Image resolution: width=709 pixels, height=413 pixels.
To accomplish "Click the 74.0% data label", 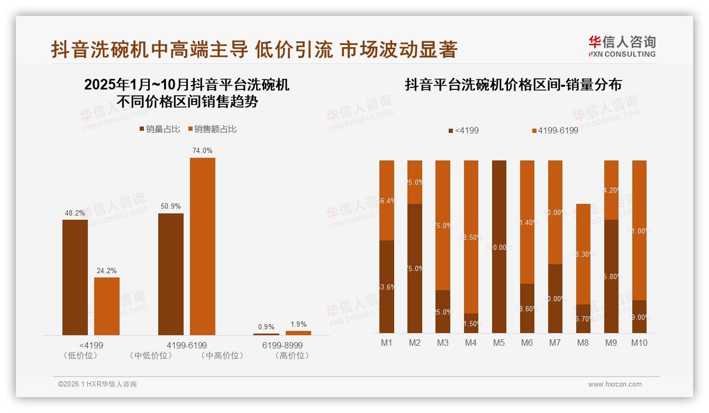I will (203, 151).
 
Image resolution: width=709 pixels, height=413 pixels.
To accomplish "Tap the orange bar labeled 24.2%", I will (107, 306).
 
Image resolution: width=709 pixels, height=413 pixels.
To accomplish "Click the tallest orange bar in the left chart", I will (203, 246).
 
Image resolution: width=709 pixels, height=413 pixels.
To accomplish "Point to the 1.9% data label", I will (298, 325).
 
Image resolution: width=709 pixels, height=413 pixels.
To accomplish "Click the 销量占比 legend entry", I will (159, 129).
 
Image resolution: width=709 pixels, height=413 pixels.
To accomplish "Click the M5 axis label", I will (499, 343).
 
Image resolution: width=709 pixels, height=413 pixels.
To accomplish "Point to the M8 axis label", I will (583, 343).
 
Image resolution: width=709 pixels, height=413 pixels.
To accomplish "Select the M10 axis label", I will (639, 343).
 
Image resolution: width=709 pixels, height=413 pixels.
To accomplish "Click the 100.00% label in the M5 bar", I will (499, 247).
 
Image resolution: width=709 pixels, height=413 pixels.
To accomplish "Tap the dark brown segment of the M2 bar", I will (415, 268).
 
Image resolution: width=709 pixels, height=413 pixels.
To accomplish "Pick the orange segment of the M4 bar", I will (471, 237).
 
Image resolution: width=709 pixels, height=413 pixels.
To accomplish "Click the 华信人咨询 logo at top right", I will (622, 46).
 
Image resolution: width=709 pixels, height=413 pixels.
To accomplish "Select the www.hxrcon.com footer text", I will (615, 384).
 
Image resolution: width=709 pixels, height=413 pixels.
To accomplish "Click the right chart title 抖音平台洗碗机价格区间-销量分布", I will (513, 85).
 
